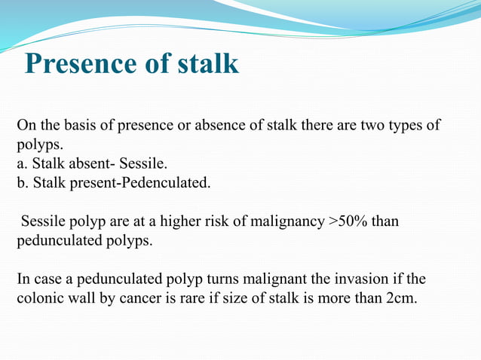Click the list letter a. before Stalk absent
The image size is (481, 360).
(x=22, y=163)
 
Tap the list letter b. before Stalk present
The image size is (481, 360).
(x=23, y=182)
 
